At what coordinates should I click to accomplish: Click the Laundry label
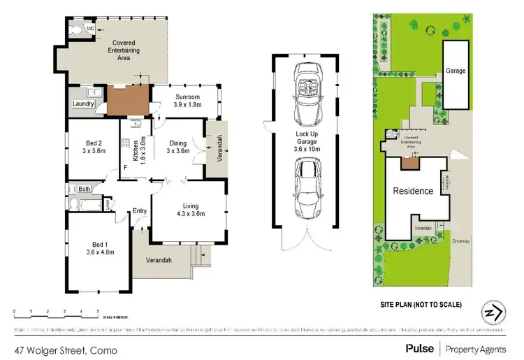point(83,105)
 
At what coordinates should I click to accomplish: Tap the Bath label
point(84,189)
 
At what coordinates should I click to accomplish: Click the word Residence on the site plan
point(413,191)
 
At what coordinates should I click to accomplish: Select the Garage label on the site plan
point(456,71)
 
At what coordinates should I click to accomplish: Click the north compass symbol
point(493,311)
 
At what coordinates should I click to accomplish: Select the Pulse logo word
point(418,348)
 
